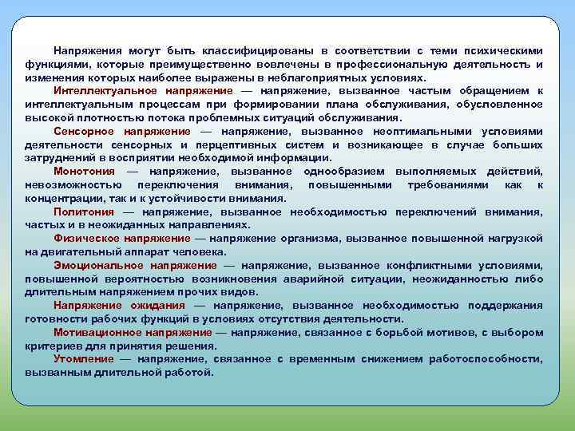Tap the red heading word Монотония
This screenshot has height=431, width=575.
point(84,172)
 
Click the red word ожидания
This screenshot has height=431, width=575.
point(157,305)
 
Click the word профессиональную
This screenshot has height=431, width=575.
point(406,65)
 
